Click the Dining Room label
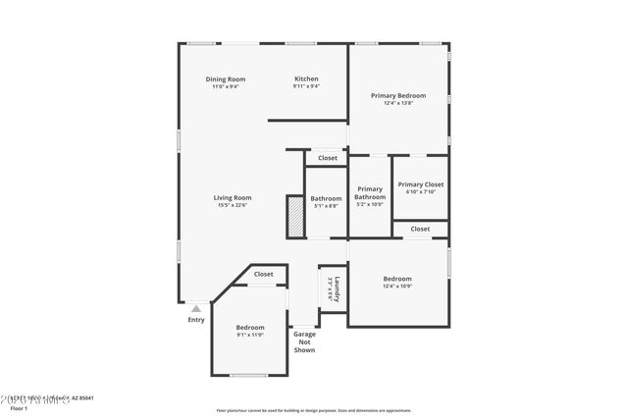click(225, 79)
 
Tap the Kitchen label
click(306, 79)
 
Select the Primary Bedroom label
click(397, 95)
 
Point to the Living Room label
click(233, 197)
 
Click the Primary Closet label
click(420, 183)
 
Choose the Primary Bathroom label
click(370, 192)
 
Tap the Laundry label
click(337, 288)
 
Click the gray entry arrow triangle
click(196, 309)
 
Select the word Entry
click(196, 320)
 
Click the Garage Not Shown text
click(304, 341)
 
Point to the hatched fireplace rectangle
click(292, 216)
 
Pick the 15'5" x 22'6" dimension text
click(233, 205)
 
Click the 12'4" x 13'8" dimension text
click(397, 103)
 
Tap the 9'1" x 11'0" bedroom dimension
click(250, 335)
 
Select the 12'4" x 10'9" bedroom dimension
click(397, 287)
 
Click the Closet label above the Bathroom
click(327, 158)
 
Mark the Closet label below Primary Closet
click(420, 229)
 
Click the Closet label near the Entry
click(263, 275)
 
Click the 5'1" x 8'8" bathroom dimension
click(326, 205)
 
